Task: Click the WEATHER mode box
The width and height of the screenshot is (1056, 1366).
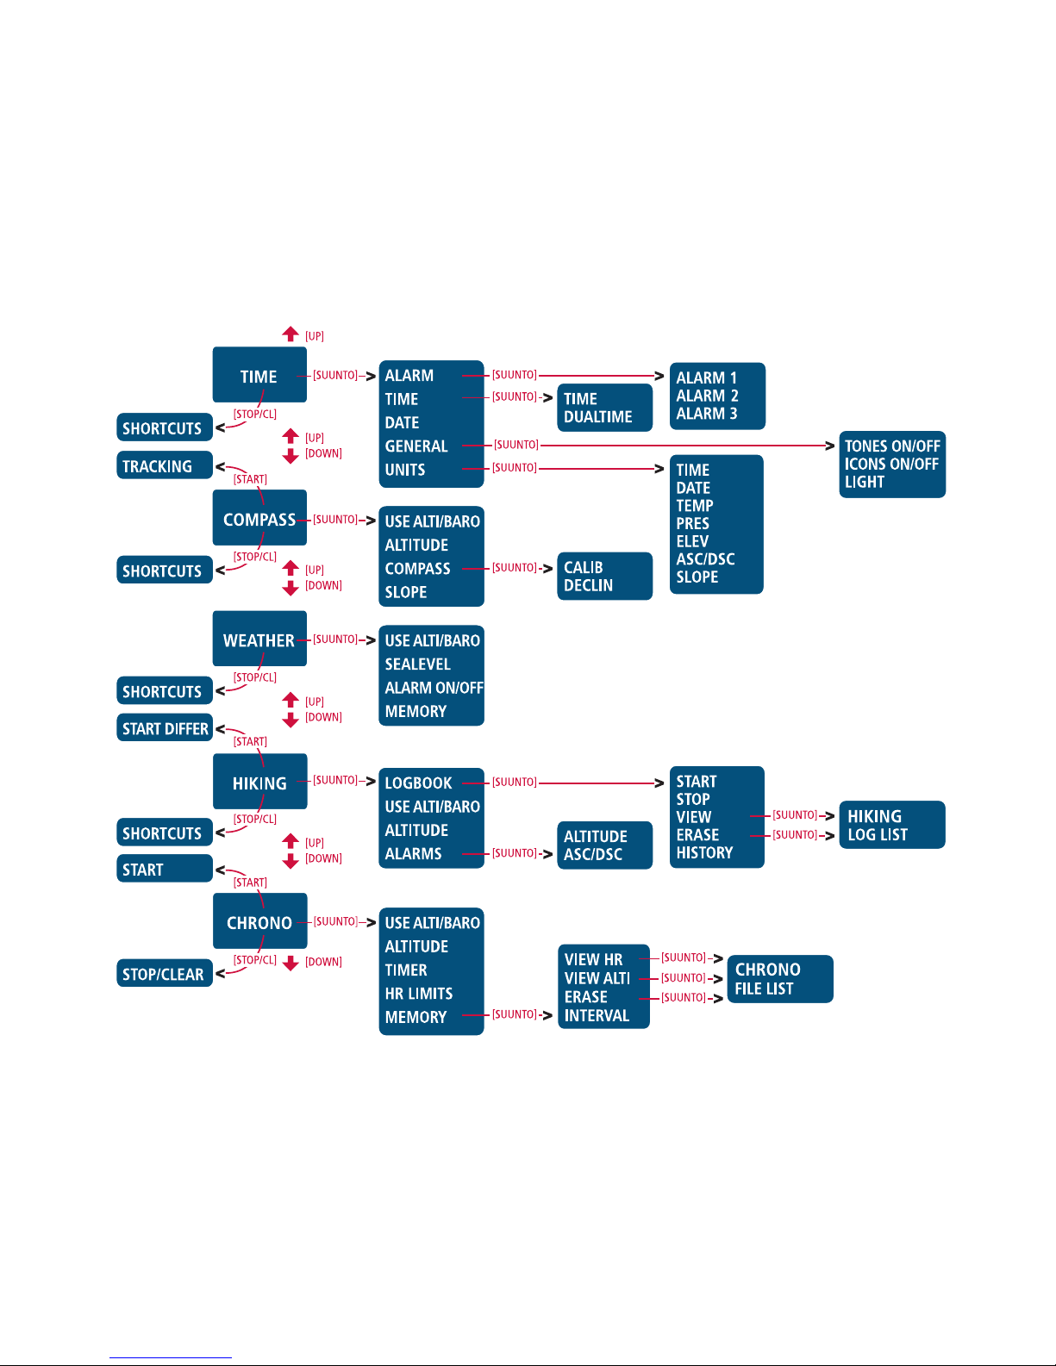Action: (x=259, y=638)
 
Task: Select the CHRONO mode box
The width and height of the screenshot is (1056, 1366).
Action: (x=259, y=921)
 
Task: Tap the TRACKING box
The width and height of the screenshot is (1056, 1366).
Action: (x=165, y=465)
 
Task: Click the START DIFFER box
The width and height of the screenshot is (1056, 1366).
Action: (x=165, y=728)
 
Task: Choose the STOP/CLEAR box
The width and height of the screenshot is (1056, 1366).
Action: (x=165, y=973)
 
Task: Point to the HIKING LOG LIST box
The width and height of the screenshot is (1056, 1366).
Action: (x=892, y=825)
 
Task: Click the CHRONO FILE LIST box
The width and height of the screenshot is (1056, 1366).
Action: (x=780, y=979)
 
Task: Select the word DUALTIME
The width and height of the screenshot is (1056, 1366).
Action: (x=597, y=417)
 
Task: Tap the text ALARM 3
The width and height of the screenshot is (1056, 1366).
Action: (x=707, y=414)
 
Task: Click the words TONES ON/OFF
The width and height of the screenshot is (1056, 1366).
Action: (x=892, y=446)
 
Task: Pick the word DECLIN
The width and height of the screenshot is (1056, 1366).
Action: (x=588, y=585)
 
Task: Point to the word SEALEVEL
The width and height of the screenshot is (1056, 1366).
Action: (x=417, y=664)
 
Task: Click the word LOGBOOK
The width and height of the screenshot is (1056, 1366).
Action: (x=418, y=783)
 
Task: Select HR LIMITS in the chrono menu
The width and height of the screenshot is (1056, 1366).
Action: (x=419, y=993)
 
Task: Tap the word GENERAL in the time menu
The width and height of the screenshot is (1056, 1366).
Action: (x=416, y=446)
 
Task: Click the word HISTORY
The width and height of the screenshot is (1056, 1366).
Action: (x=704, y=852)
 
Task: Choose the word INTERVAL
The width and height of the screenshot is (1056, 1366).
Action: (x=597, y=1015)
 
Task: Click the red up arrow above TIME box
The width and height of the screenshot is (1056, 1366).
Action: (x=290, y=334)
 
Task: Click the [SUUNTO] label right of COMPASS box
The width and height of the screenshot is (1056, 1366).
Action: (x=335, y=519)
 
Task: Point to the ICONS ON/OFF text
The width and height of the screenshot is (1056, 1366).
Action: (x=891, y=464)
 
